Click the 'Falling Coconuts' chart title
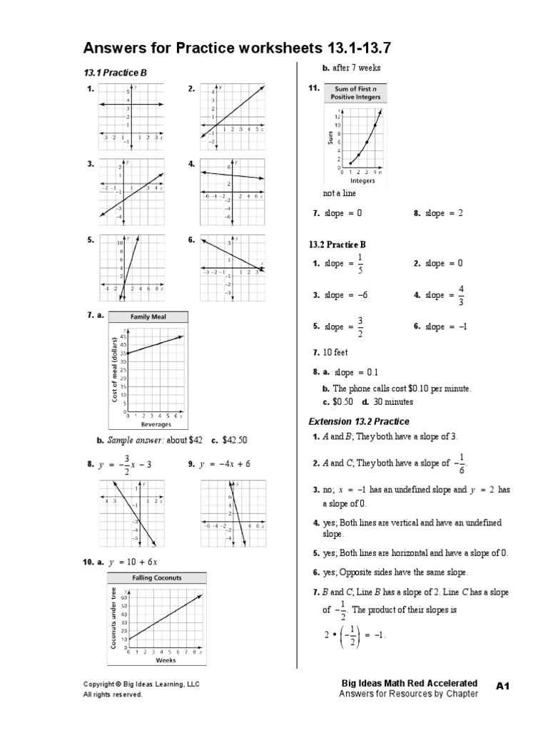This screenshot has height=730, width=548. coord(156,577)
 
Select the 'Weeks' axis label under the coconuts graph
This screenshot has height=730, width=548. coord(165,660)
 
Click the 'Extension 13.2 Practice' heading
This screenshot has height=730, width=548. coord(358,421)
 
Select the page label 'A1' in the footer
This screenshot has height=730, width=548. coord(504,685)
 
